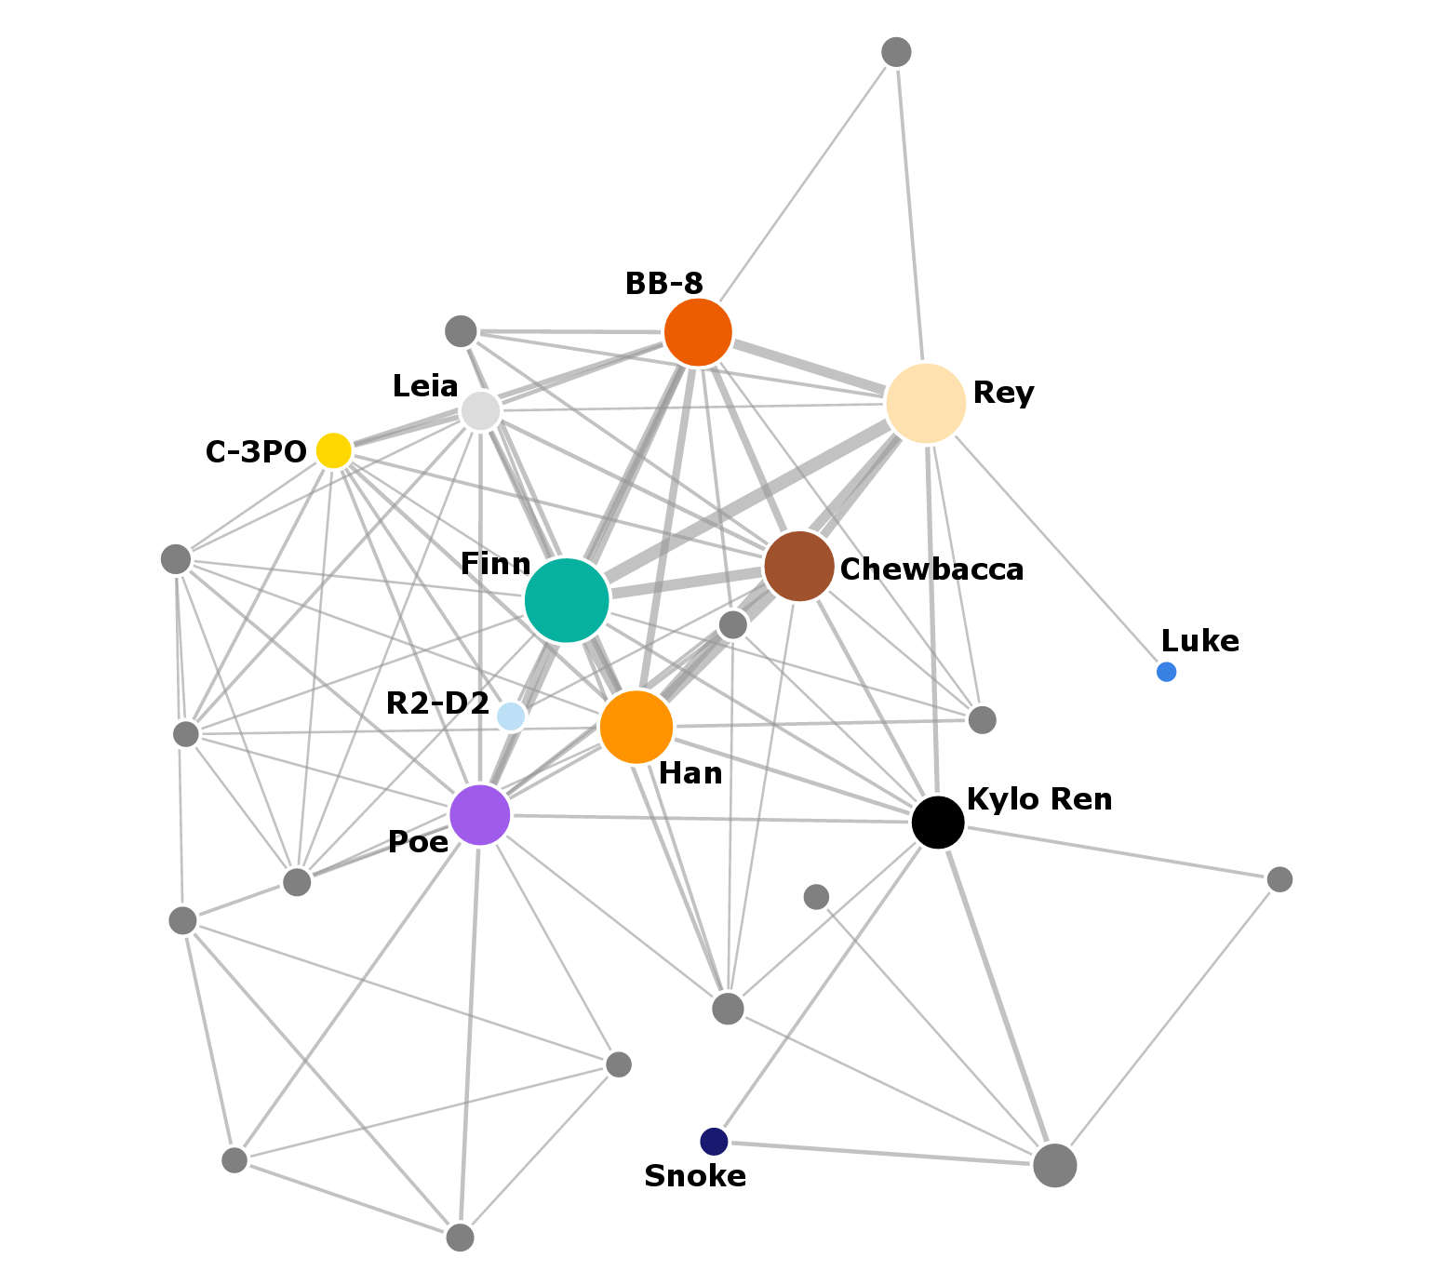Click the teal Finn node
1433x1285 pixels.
pos(567,600)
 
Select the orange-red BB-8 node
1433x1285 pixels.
pos(698,332)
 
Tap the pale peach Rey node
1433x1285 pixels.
pos(926,403)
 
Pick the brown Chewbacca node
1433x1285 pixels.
pos(798,566)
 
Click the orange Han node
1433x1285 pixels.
pos(636,727)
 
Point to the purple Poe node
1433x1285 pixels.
pos(480,815)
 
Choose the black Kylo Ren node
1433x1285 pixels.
pos(938,822)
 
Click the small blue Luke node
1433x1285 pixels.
pos(1166,672)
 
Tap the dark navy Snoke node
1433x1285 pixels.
pos(714,1141)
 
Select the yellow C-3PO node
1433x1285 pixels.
pos(333,450)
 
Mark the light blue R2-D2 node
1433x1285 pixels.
pos(511,716)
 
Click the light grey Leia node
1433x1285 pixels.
pos(481,410)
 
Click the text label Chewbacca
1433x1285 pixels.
pos(931,569)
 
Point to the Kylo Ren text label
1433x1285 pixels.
pos(1039,799)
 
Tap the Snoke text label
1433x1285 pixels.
pos(695,1176)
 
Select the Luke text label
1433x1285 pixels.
pos(1200,641)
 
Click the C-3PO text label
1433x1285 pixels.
pos(256,452)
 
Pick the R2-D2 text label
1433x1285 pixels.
pos(437,703)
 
